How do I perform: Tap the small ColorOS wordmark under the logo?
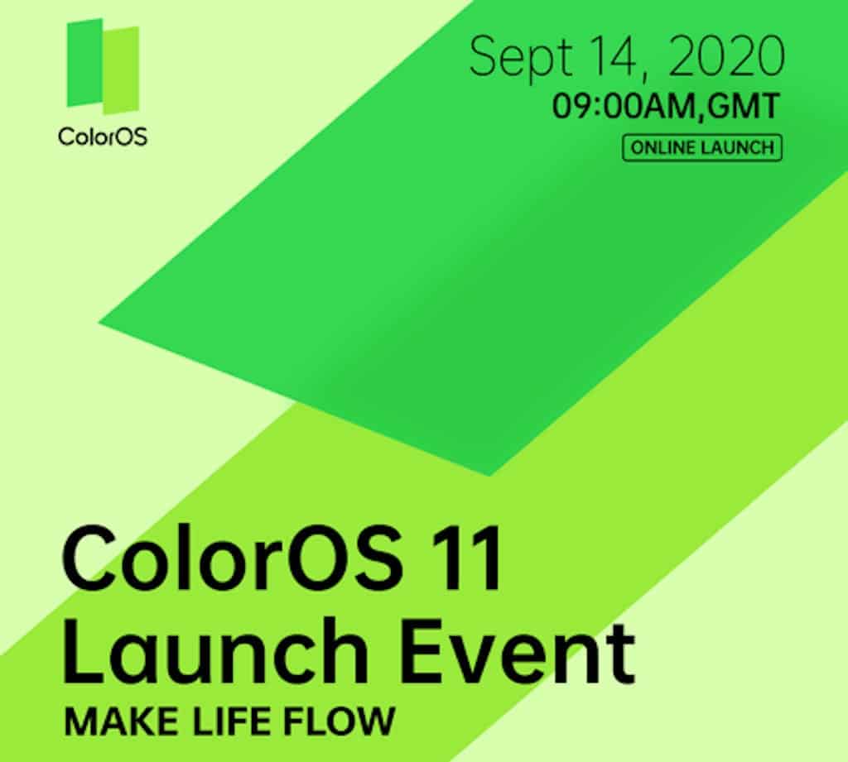(x=103, y=137)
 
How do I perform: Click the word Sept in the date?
(x=521, y=57)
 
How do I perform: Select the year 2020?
(x=726, y=55)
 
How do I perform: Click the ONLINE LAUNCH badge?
(x=702, y=147)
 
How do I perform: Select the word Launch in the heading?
(x=215, y=650)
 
